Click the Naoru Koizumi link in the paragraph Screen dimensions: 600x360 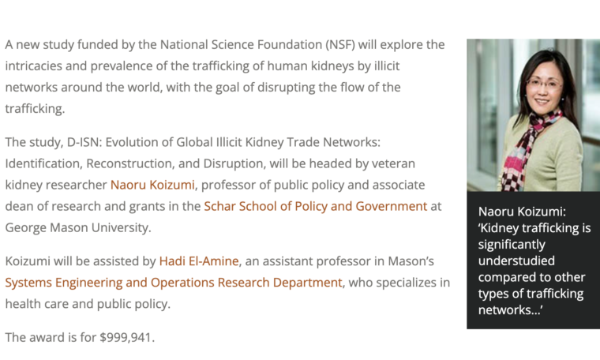(152, 185)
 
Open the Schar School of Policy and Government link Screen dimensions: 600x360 (315, 206)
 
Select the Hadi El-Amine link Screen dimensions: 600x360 (199, 261)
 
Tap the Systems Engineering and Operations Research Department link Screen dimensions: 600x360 (174, 283)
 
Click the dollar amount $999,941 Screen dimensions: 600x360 (126, 338)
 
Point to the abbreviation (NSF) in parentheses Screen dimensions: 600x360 (340, 45)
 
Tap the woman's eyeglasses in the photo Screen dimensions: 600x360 (543, 83)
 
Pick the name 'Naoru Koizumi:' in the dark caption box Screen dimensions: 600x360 (522, 211)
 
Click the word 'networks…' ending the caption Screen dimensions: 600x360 (510, 309)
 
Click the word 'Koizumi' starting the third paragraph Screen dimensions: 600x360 (28, 261)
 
